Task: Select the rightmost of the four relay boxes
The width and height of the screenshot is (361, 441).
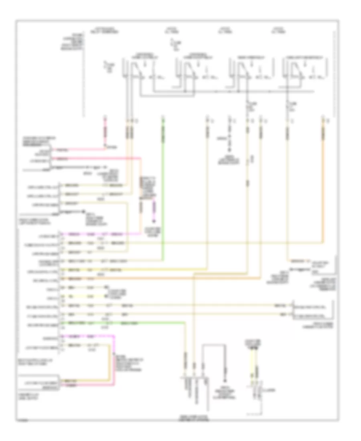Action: click(306, 72)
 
